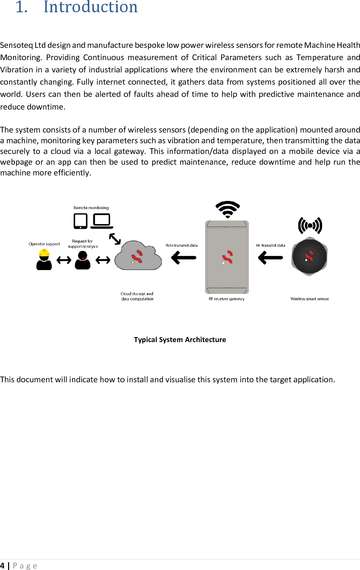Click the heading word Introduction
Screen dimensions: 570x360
[90, 7]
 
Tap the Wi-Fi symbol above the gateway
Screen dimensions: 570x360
[228, 209]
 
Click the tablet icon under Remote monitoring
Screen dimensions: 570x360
[81, 221]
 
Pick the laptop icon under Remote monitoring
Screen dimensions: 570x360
[102, 221]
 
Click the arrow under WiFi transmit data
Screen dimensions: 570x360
[184, 257]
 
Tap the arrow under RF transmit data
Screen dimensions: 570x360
[271, 257]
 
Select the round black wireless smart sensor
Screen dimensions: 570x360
[309, 256]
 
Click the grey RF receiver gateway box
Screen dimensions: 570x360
[227, 257]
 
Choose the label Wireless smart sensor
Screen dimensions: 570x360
[309, 299]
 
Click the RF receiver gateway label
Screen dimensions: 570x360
[227, 299]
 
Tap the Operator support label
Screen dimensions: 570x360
[44, 244]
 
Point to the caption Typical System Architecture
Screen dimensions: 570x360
[180, 339]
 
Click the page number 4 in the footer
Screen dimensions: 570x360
[2, 566]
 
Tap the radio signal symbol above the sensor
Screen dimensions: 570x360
[310, 225]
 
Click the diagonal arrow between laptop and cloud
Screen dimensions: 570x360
[115, 239]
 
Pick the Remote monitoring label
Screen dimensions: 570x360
[91, 208]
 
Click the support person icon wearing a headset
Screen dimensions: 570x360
[82, 260]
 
